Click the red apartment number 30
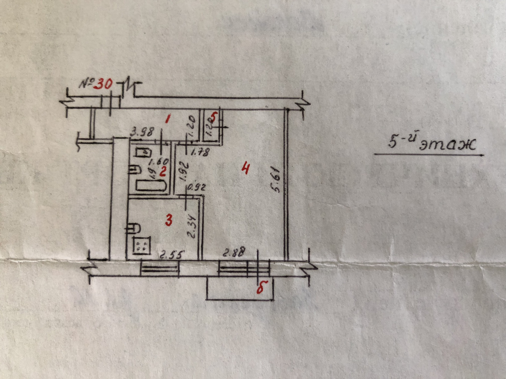tap(105, 84)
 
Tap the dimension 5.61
tap(276, 181)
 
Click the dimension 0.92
tap(196, 188)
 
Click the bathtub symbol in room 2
tap(151, 186)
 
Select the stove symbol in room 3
tap(142, 245)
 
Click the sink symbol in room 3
tap(134, 228)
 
